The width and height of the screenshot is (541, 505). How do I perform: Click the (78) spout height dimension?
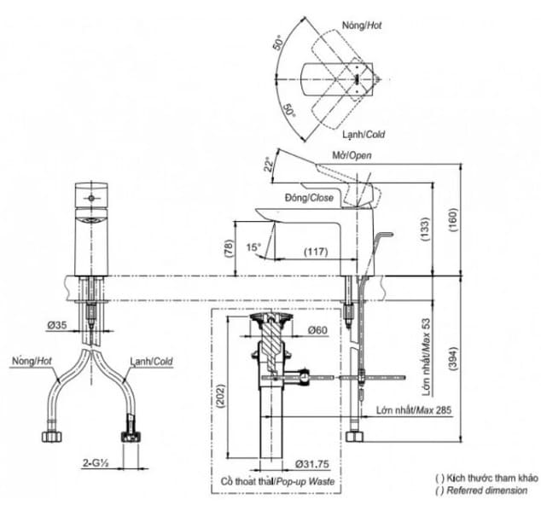[x=228, y=248]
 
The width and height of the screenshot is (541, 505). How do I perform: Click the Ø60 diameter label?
[x=317, y=330]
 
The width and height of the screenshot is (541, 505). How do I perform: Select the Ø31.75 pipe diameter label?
[x=312, y=464]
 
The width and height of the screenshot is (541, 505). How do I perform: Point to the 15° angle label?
[x=253, y=247]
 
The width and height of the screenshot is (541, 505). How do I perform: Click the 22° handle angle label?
[x=269, y=164]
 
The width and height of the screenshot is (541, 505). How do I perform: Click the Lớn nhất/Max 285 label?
[x=413, y=410]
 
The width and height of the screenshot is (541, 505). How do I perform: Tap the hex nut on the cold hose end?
[x=130, y=437]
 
